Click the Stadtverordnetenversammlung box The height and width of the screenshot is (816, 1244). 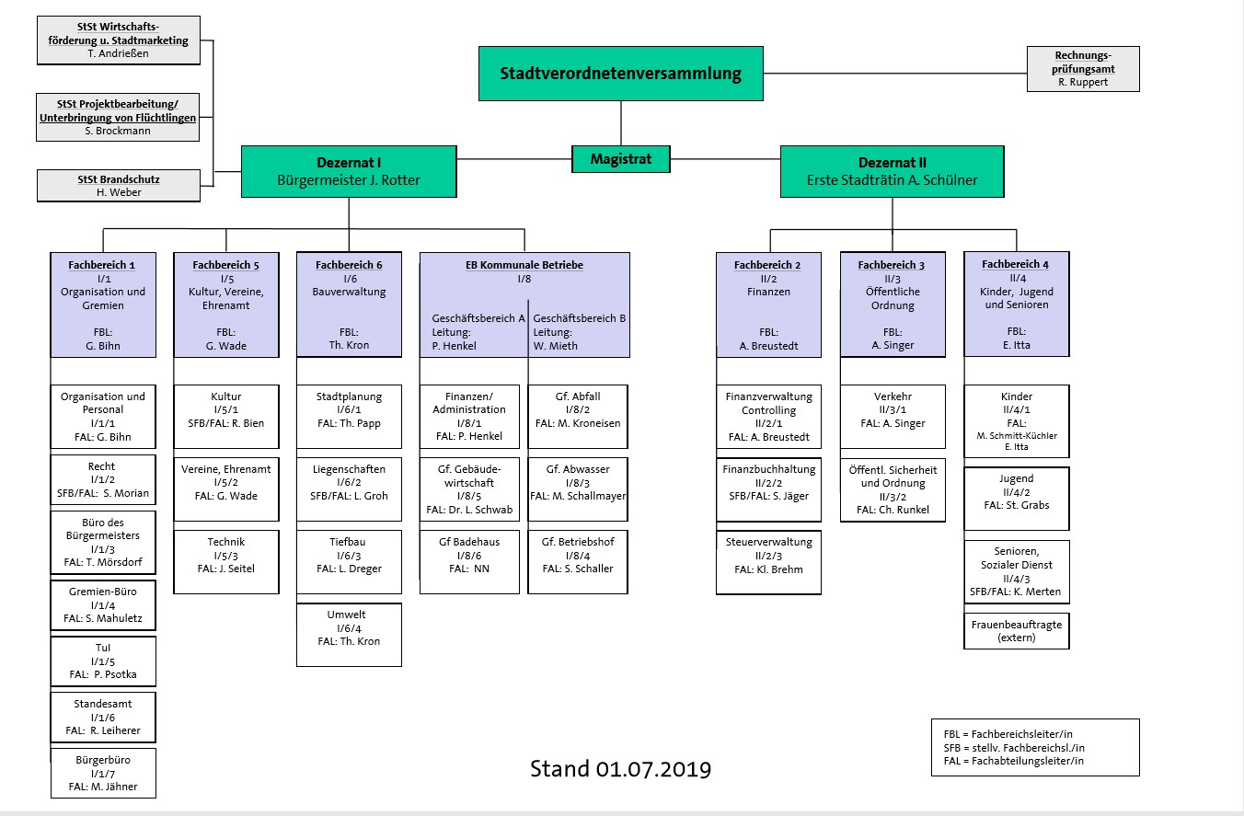[620, 74]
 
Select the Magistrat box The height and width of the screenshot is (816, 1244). [620, 159]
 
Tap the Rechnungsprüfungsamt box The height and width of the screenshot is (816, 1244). [1082, 69]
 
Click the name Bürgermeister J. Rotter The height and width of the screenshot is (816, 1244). [349, 180]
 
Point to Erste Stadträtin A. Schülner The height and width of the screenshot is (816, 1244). [892, 180]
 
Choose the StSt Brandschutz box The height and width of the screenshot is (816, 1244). [118, 185]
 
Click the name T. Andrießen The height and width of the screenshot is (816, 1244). [118, 53]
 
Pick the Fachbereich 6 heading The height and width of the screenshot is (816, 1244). [349, 265]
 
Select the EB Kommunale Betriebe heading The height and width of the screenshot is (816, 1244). [524, 265]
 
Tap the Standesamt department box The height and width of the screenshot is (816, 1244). [103, 718]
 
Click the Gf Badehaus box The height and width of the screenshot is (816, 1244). [469, 556]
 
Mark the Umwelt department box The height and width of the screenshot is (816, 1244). [349, 635]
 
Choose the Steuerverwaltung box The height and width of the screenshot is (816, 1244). [768, 556]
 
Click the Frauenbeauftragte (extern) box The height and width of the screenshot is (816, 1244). [1016, 631]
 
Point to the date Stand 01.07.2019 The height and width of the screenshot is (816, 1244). [620, 768]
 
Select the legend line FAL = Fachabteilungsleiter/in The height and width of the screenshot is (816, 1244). [1014, 761]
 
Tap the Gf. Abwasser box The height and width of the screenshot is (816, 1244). [577, 483]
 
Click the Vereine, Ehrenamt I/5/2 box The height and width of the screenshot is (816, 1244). [226, 483]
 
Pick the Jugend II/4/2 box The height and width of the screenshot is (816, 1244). [1016, 498]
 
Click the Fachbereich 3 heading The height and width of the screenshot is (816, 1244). [892, 265]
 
